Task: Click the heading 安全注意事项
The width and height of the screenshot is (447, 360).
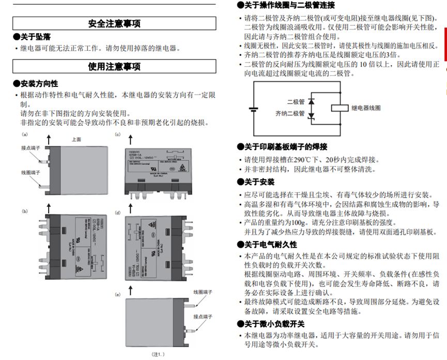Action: click(114, 24)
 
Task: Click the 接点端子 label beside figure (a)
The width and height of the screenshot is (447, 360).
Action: click(30, 147)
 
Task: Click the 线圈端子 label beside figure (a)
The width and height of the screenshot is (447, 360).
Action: click(30, 172)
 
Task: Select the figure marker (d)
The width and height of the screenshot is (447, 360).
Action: click(117, 213)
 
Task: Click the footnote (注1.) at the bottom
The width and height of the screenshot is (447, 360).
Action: click(158, 354)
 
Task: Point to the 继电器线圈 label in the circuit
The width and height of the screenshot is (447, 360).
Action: click(366, 108)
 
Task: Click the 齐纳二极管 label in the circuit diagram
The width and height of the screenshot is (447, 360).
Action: click(290, 113)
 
